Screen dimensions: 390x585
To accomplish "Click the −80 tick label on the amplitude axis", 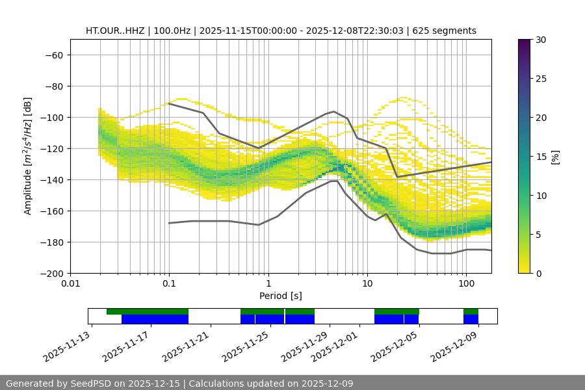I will [x=53, y=86].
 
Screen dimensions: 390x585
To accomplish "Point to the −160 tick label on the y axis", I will [x=51, y=211].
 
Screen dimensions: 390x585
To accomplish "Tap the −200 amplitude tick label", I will [x=51, y=273].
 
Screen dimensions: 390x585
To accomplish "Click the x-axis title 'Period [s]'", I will [x=280, y=296].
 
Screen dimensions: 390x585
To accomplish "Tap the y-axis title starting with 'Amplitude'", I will [x=28, y=156].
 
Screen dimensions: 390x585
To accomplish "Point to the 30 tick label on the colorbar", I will [x=541, y=40].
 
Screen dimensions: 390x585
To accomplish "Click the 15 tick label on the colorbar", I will [x=541, y=157].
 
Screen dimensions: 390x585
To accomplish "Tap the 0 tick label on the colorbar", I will [x=539, y=273].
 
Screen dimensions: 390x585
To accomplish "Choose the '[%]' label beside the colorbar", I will [x=555, y=157].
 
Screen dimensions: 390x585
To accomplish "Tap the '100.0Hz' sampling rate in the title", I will [x=173, y=31].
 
